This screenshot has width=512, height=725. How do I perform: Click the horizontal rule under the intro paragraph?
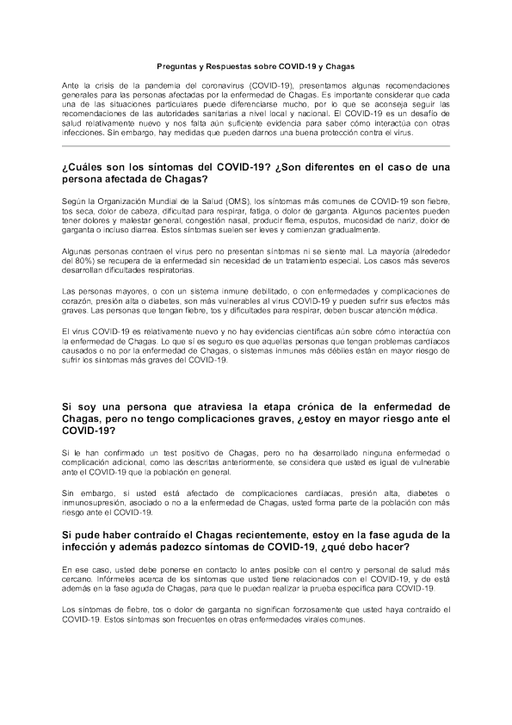pyautogui.click(x=256, y=146)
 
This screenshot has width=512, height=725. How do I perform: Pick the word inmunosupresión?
pyautogui.click(x=91, y=502)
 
